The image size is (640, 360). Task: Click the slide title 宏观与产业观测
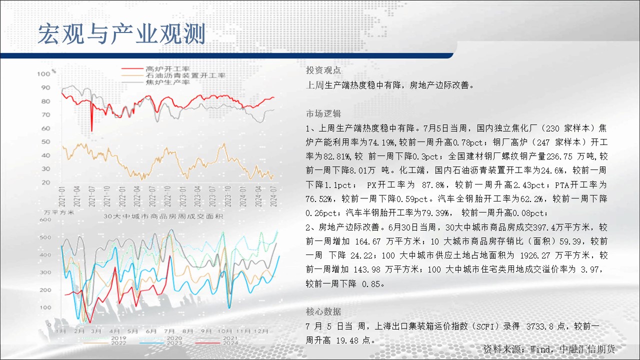click(x=121, y=34)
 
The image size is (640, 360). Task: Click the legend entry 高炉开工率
click(x=167, y=69)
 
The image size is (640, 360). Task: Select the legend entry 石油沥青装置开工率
click(x=185, y=75)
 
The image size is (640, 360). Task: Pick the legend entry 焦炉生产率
click(x=167, y=82)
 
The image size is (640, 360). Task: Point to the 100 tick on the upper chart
click(x=43, y=74)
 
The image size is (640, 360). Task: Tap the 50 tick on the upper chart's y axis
click(x=45, y=141)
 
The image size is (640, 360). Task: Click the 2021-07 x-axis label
click(x=91, y=196)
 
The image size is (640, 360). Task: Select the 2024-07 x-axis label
click(x=273, y=196)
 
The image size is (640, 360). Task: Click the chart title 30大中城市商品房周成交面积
click(x=163, y=216)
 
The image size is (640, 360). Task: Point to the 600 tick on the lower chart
click(x=45, y=219)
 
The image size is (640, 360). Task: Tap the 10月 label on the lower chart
click(x=224, y=331)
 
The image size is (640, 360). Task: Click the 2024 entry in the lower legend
click(x=230, y=343)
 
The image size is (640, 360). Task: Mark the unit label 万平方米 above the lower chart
click(x=59, y=212)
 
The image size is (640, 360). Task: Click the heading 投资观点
click(x=323, y=70)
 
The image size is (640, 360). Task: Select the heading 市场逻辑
click(x=323, y=113)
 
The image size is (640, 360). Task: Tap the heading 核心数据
click(x=323, y=311)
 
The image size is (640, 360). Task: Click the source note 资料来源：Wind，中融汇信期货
click(x=549, y=349)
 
